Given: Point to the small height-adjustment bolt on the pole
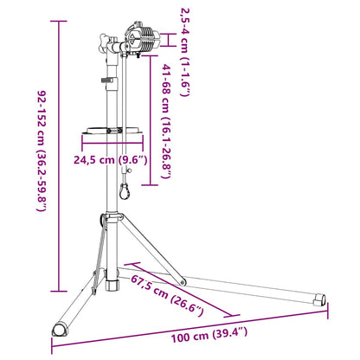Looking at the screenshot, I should (106, 82).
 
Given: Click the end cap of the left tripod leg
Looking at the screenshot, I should (58, 330).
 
